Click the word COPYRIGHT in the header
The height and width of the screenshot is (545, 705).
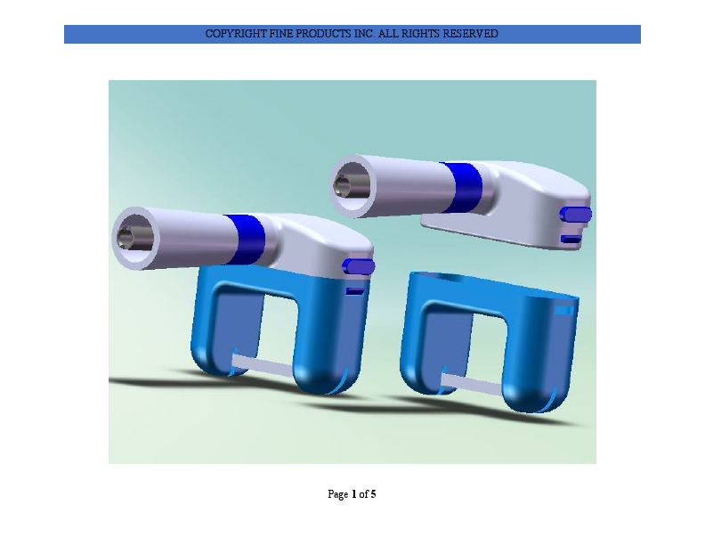[235, 34]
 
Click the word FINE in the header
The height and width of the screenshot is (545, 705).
[281, 34]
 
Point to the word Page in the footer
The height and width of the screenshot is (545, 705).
[338, 493]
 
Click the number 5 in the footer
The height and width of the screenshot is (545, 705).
[373, 493]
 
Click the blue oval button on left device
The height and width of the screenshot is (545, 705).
[359, 266]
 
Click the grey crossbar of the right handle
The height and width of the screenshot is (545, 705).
[473, 383]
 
